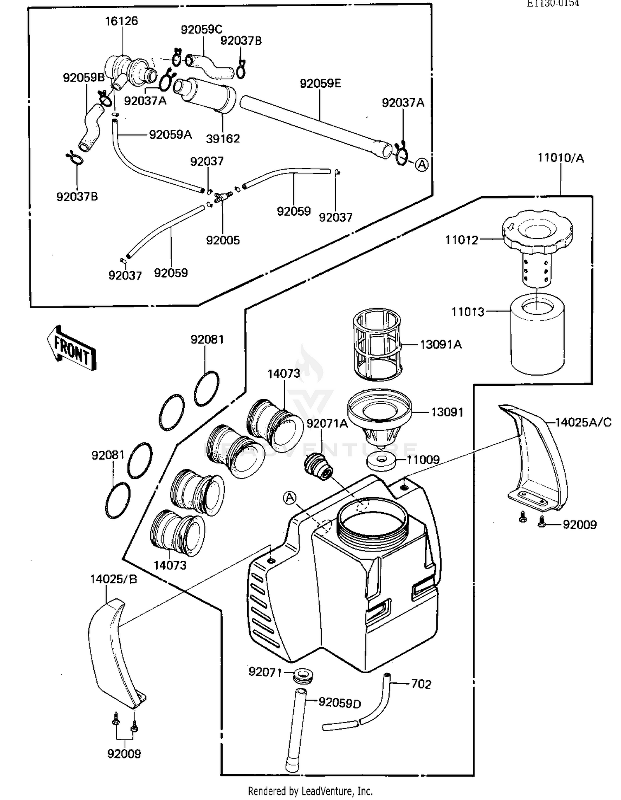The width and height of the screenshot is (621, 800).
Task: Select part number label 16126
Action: tap(121, 21)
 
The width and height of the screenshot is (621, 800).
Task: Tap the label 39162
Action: tap(223, 138)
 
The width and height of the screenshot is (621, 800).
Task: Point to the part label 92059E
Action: tap(320, 84)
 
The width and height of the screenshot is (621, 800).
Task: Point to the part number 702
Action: tap(421, 684)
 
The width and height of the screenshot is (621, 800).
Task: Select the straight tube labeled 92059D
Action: tap(297, 729)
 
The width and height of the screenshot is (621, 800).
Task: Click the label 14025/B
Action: tap(113, 579)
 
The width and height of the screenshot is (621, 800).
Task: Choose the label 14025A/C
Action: tap(583, 422)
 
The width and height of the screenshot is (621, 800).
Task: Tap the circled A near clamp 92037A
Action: tap(421, 165)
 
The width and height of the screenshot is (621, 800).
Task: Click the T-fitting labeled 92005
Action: tap(222, 197)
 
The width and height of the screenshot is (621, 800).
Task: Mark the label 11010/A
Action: tap(561, 158)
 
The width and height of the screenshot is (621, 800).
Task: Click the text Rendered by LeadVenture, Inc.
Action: tap(310, 791)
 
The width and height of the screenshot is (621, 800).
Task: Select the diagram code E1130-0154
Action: tap(553, 3)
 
